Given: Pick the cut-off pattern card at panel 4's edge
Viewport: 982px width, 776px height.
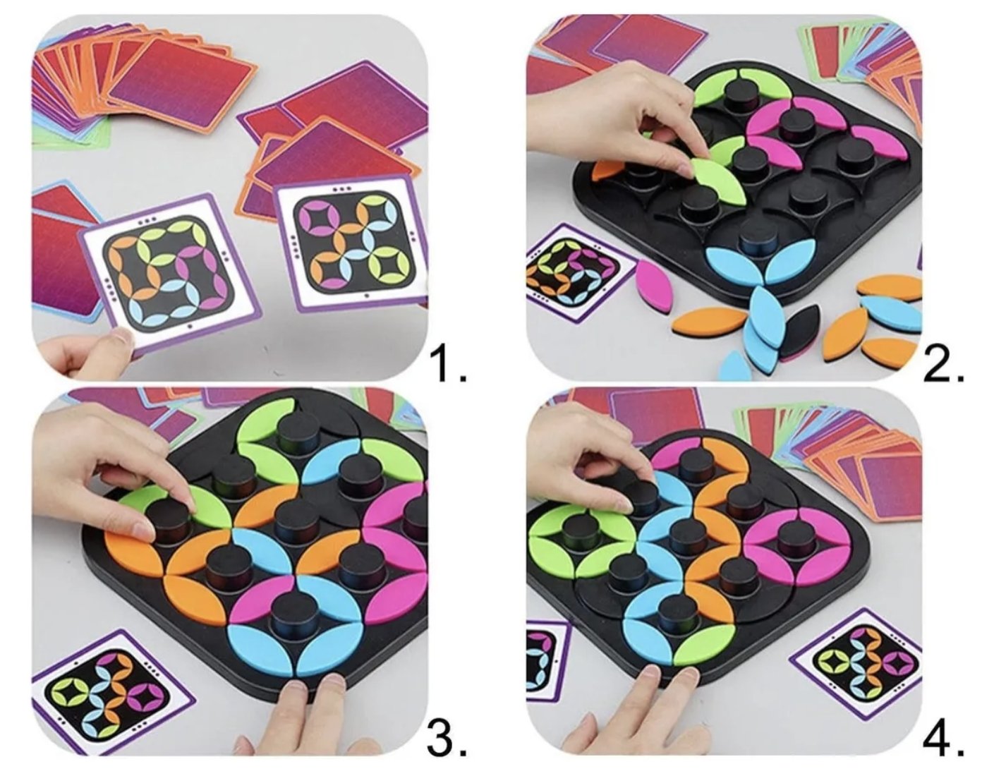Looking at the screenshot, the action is coord(547,662).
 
